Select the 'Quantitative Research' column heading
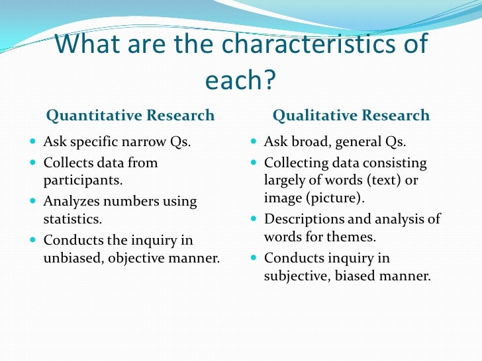(x=130, y=116)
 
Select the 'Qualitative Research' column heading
(x=351, y=116)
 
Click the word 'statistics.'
(x=73, y=218)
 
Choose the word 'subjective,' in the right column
(x=297, y=276)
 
